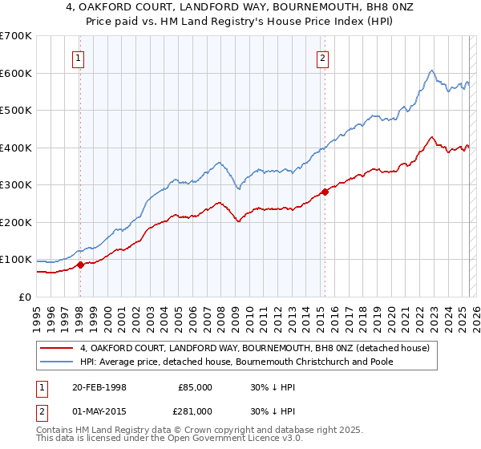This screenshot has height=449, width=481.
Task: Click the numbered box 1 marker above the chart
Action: [x=79, y=57]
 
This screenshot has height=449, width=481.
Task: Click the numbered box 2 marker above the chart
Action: [x=321, y=57]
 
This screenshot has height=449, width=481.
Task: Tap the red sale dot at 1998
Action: [x=80, y=265]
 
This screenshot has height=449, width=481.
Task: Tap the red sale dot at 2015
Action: [x=325, y=192]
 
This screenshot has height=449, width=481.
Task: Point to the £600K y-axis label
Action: [x=15, y=73]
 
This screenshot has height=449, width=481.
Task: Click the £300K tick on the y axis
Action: [x=15, y=185]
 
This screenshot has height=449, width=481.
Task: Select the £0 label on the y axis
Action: [x=26, y=297]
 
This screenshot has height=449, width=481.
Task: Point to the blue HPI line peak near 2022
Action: [x=432, y=71]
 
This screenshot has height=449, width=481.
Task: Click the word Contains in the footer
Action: [x=56, y=432]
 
